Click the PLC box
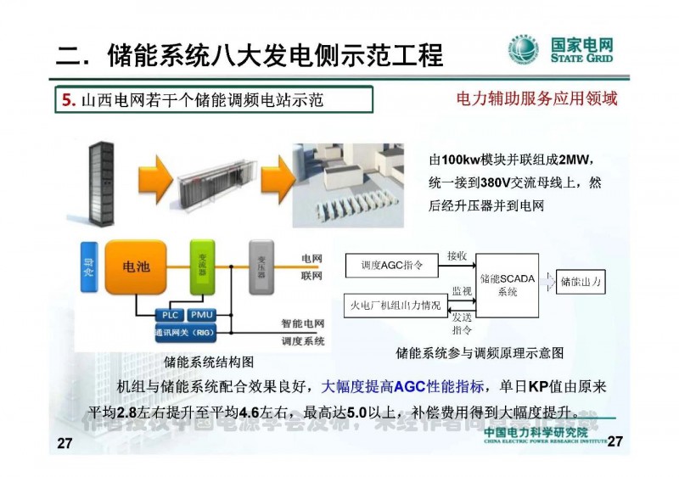[169, 315]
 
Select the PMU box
[201, 315]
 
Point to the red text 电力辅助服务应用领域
[536, 98]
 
